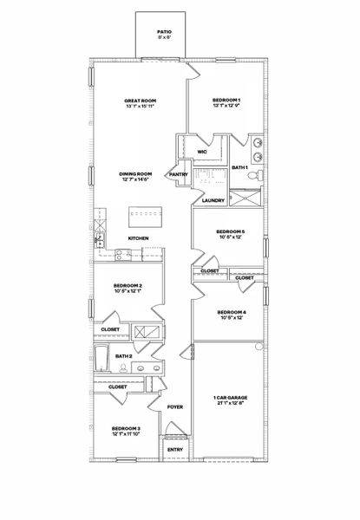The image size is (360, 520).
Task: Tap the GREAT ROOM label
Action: (x=140, y=101)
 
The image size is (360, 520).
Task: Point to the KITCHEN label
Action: (x=139, y=238)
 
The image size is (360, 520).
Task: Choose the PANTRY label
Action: (x=179, y=174)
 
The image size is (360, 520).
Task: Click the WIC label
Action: (x=202, y=152)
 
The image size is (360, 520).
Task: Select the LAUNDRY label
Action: (x=213, y=201)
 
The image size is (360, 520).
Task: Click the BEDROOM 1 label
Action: (x=226, y=101)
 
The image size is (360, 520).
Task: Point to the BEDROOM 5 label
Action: (x=231, y=231)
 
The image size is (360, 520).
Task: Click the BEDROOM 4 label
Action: (x=232, y=312)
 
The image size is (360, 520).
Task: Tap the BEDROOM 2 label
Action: (x=128, y=286)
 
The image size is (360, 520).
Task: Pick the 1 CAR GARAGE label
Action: (x=230, y=398)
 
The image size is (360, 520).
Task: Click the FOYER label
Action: (x=175, y=406)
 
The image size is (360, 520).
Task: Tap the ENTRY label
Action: (x=175, y=449)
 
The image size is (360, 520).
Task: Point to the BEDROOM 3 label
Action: (x=127, y=429)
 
